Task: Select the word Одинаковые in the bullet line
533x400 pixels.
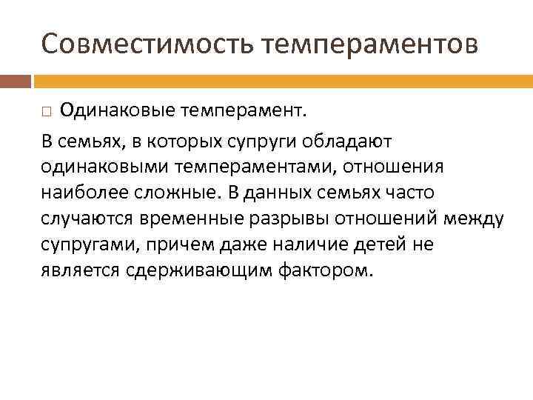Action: (x=114, y=111)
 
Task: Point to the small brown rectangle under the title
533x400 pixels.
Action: (x=16, y=80)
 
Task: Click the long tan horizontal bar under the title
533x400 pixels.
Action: (x=282, y=80)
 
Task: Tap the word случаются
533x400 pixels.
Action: (x=84, y=219)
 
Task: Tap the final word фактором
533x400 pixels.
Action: (x=323, y=272)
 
